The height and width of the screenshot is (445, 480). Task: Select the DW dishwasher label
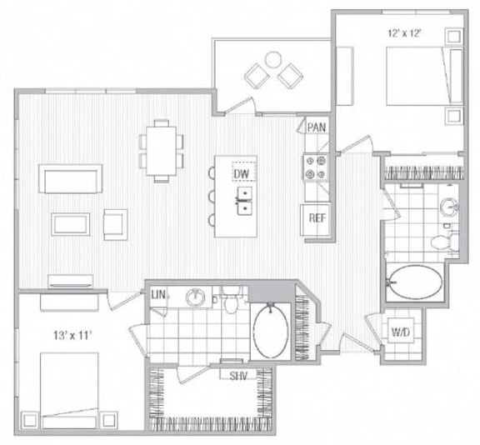(242, 172)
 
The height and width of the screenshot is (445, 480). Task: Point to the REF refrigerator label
(316, 218)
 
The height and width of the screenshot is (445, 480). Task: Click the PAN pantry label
(316, 127)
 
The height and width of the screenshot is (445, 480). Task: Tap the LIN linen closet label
(158, 294)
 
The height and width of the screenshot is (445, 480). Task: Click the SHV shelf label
(241, 374)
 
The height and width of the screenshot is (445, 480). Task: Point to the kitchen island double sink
(243, 200)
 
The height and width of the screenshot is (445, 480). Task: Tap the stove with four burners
(316, 167)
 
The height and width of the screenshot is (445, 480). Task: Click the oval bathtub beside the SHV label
(270, 331)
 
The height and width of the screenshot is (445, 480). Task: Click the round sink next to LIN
(196, 297)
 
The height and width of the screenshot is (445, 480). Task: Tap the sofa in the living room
(71, 177)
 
